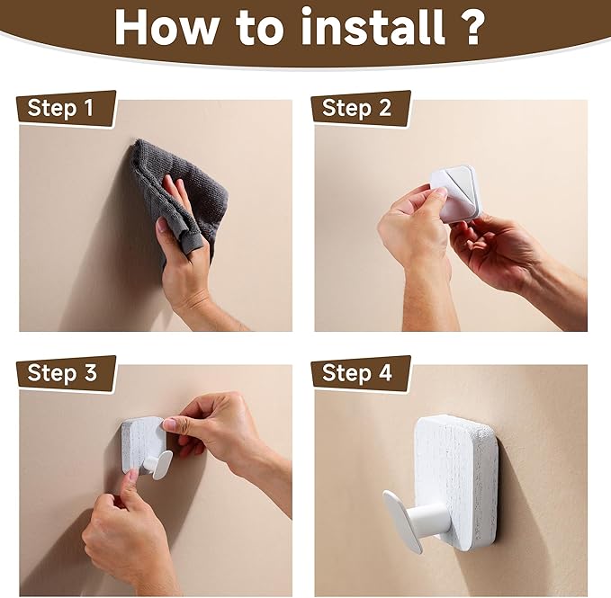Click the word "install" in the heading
pyautogui.click(x=373, y=26)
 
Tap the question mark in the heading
pyautogui.click(x=472, y=26)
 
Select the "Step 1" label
pyautogui.click(x=60, y=108)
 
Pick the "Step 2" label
pyautogui.click(x=356, y=108)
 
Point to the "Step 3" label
pyautogui.click(x=61, y=372)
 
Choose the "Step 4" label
pyautogui.click(x=356, y=372)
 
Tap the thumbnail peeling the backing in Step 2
pyautogui.click(x=441, y=192)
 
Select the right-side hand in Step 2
pyautogui.click(x=515, y=261)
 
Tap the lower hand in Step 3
pyautogui.click(x=129, y=541)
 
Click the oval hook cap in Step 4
pyautogui.click(x=402, y=522)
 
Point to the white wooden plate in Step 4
pyautogui.click(x=456, y=483)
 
